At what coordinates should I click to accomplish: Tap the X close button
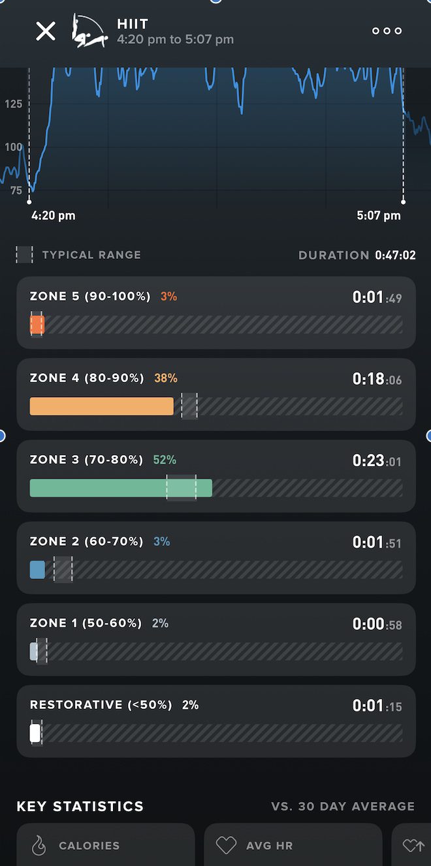[x=46, y=31]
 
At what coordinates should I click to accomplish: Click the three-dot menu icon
[x=387, y=31]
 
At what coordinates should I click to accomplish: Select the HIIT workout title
[x=133, y=24]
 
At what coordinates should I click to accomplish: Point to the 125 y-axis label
[x=13, y=104]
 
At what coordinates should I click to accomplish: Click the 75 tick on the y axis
[x=16, y=190]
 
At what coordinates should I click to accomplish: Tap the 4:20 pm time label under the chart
[x=53, y=215]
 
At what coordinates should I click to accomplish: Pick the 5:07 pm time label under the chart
[x=379, y=215]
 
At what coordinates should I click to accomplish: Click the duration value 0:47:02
[x=395, y=255]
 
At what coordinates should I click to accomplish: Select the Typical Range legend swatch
[x=25, y=255]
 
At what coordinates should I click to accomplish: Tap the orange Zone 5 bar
[x=37, y=325]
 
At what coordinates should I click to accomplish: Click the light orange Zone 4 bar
[x=101, y=406]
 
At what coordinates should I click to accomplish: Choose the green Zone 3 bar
[x=121, y=488]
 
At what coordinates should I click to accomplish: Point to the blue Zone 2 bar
[x=37, y=570]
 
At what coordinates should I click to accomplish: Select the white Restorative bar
[x=35, y=733]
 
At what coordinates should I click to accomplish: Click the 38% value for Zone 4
[x=166, y=378]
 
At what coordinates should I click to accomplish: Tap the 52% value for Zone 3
[x=165, y=460]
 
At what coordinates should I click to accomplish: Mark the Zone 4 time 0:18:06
[x=377, y=379]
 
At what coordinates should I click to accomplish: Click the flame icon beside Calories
[x=39, y=846]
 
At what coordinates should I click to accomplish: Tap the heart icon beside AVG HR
[x=226, y=846]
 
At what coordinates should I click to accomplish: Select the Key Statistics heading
[x=80, y=807]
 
